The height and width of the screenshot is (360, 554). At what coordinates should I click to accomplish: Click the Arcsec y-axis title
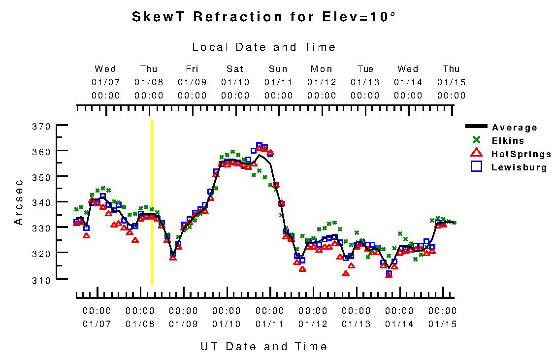click(19, 202)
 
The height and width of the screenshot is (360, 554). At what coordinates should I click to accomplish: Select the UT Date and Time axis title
click(264, 347)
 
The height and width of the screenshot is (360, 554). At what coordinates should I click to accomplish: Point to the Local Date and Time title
click(264, 47)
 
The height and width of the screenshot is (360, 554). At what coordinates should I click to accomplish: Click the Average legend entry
click(515, 128)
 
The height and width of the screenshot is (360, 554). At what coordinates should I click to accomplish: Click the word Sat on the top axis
click(235, 69)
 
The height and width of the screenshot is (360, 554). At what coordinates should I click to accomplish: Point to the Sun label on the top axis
click(278, 69)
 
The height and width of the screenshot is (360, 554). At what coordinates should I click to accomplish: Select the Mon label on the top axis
click(322, 69)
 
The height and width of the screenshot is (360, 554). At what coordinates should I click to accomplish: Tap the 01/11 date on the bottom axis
click(270, 324)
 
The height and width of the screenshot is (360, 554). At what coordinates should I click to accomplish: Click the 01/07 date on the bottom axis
click(97, 324)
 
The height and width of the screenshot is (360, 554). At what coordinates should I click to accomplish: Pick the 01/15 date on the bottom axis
click(442, 324)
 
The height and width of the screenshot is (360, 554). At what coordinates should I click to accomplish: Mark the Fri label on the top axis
click(192, 69)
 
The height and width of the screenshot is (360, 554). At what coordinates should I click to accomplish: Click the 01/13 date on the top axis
click(365, 82)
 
